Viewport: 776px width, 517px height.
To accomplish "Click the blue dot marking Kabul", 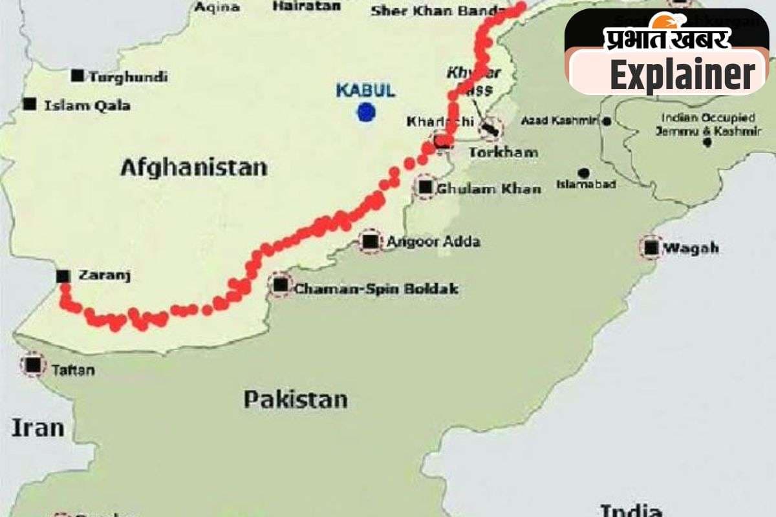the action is pos(367,112).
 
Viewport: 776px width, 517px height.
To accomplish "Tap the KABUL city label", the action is pos(365,90).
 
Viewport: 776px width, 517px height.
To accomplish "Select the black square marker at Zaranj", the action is pos(63,276).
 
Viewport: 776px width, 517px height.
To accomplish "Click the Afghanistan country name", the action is pos(193,167).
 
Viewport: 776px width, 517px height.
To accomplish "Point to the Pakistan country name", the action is pos(295,399).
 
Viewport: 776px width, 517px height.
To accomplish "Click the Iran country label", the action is pos(38,428).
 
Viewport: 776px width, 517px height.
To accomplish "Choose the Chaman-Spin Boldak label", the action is pos(376,289).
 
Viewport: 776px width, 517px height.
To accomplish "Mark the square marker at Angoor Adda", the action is pos(370,242).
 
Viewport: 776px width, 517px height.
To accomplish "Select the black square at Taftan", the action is pos(34,365).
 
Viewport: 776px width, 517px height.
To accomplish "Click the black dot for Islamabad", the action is pos(584,173).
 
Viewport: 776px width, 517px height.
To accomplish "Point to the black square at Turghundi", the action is pos(78,76).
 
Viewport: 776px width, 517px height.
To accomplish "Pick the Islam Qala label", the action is pos(87,105).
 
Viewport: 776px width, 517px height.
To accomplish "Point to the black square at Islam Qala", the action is pos(29,103).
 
